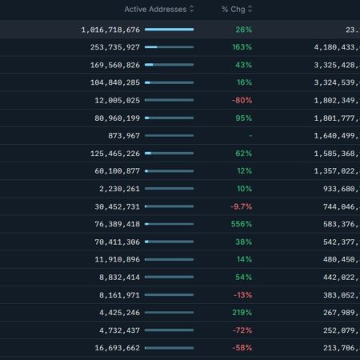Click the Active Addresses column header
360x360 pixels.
[155, 9]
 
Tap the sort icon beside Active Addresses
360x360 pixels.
[192, 9]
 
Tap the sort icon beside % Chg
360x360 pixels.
[250, 9]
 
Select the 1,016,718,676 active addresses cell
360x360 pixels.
[110, 30]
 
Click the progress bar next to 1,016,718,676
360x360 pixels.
[169, 30]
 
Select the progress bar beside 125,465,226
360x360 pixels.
[169, 153]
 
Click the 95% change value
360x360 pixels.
[243, 118]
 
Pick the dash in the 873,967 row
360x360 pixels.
[250, 136]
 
